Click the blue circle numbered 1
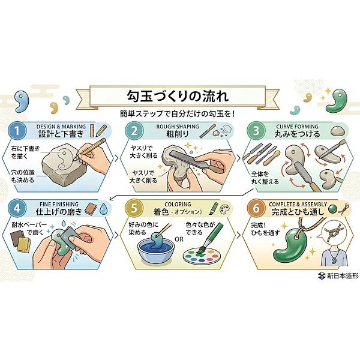coord(17,131)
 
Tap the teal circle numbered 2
coord(134,131)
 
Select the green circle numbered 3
coord(256,131)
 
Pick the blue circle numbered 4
coord(17,208)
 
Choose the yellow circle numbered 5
coord(134,208)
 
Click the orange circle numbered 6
coord(256,208)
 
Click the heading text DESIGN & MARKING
coord(61,127)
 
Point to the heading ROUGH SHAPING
coord(178,127)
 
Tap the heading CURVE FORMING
coord(297,127)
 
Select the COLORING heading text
coord(178,204)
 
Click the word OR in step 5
coord(179,239)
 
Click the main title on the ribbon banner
coord(178,96)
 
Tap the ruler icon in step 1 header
coord(92,131)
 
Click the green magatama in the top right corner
coord(337,100)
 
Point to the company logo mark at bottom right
coord(322,275)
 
